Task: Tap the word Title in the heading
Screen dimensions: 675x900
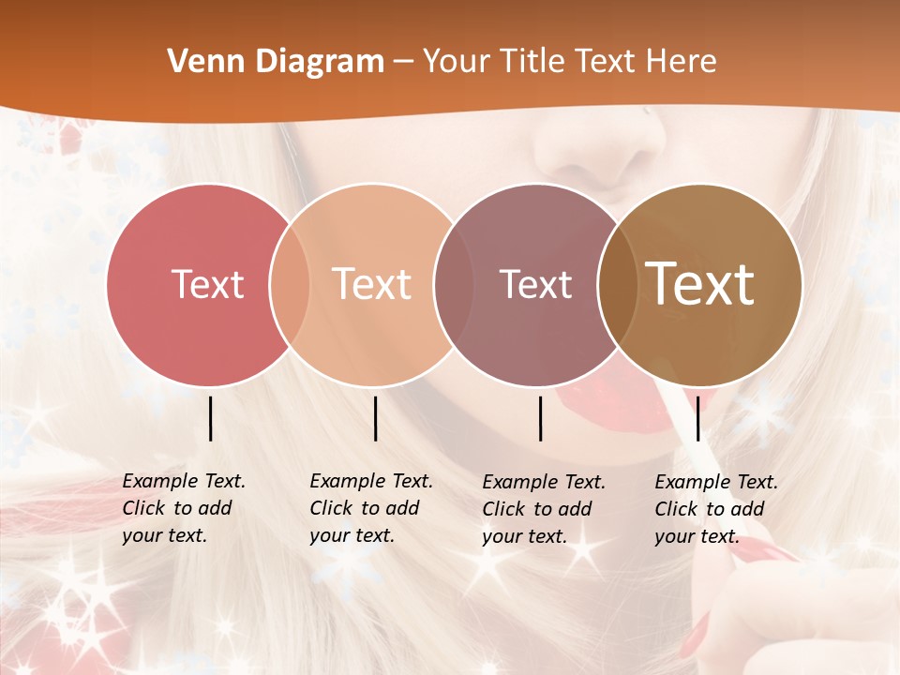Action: (533, 62)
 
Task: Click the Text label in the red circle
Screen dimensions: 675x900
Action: (207, 284)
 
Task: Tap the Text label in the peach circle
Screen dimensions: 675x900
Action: (372, 284)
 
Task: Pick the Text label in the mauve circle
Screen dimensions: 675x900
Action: (535, 284)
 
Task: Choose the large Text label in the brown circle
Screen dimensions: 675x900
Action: (700, 284)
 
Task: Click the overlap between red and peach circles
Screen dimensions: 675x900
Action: (290, 284)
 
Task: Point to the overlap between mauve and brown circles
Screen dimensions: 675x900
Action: (618, 284)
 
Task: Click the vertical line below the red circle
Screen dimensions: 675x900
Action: (210, 418)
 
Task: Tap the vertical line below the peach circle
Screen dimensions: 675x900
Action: (375, 418)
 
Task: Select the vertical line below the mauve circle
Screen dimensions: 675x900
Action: (540, 418)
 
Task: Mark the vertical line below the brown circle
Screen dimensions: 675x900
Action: (697, 418)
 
